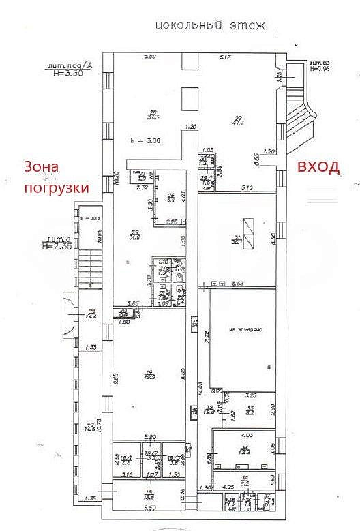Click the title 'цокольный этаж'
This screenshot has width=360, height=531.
(209, 27)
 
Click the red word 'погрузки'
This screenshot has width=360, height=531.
(57, 187)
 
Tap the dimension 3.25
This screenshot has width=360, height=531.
(250, 395)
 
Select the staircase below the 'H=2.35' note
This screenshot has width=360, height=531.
(89, 269)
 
